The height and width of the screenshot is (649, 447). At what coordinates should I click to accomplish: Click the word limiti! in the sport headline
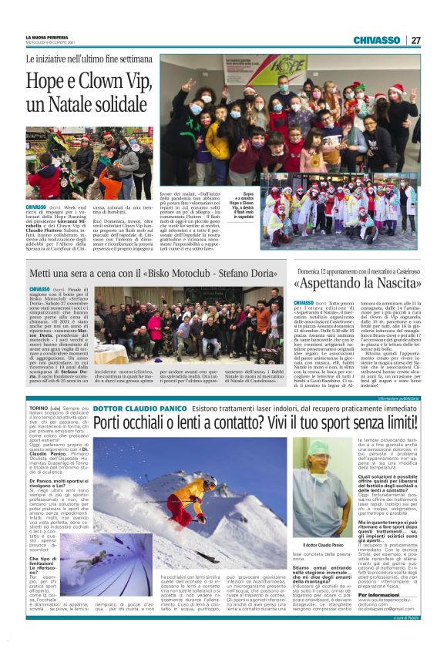pos(393,422)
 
